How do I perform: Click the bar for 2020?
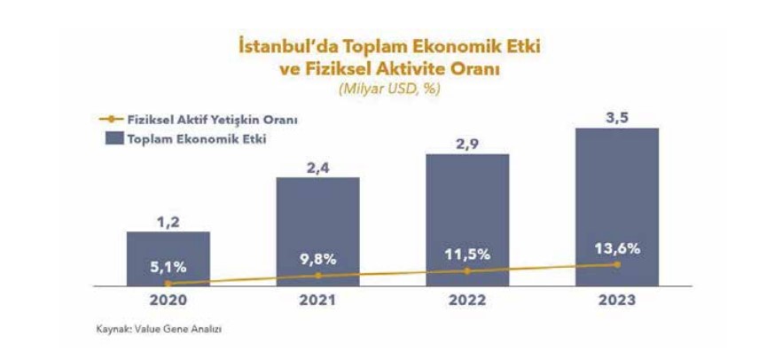pos(168,259)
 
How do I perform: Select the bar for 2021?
pos(317,231)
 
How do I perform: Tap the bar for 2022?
pos(467,220)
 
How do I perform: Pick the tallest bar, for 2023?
pos(617,207)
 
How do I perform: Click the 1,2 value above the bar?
pos(168,223)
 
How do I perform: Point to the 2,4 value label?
pos(317,168)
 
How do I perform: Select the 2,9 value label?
pos(467,145)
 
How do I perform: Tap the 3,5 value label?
pos(617,119)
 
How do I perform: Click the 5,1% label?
pos(168,267)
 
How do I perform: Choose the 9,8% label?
pos(317,259)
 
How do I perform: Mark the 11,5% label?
pos(466,254)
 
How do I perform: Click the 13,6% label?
pos(617,248)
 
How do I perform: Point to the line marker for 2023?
pos(617,264)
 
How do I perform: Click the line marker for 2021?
pos(318,276)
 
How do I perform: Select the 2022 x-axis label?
pos(467,301)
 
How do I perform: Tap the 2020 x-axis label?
pos(168,301)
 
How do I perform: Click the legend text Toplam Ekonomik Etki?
pos(196,139)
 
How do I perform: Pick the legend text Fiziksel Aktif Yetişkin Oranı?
pos(212,120)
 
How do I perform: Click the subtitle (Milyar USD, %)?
pos(389,90)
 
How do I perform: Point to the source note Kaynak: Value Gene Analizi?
pos(159,330)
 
